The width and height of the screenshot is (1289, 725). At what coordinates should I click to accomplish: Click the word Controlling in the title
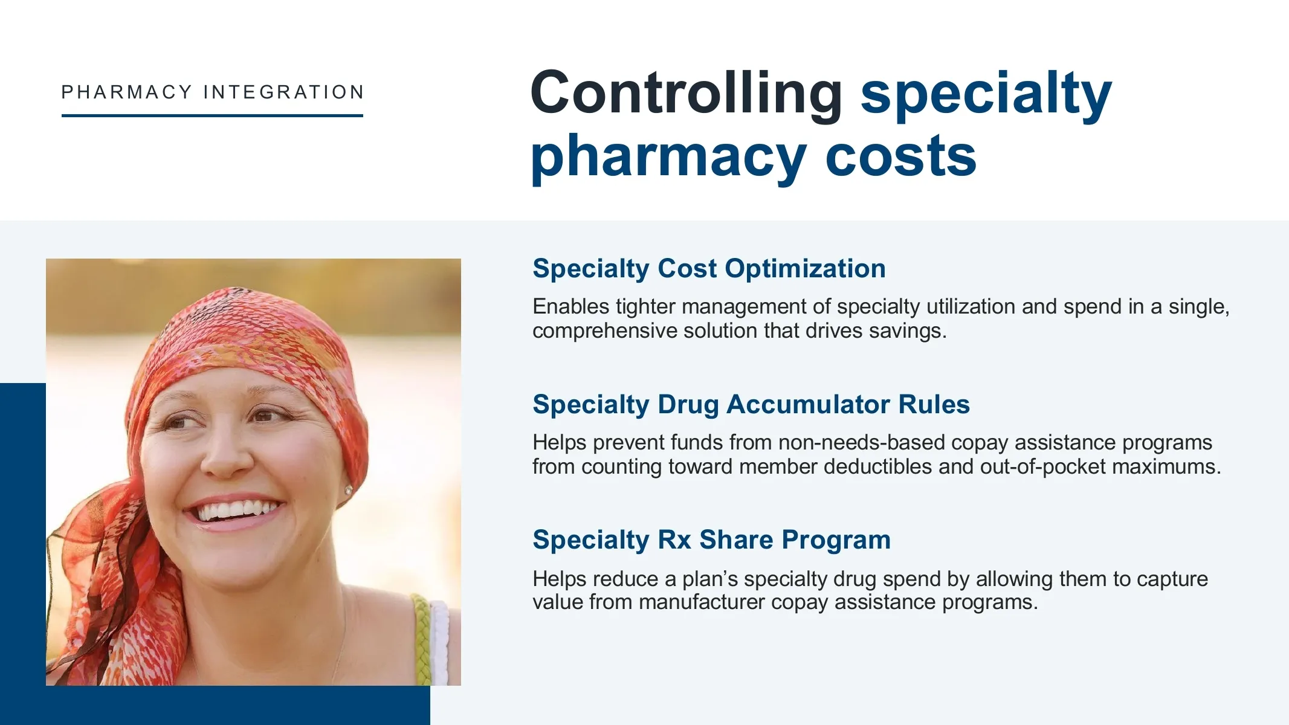tap(686, 92)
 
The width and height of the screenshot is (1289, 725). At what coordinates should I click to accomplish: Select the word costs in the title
tap(900, 157)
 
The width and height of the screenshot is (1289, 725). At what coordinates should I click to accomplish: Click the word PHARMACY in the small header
tap(127, 92)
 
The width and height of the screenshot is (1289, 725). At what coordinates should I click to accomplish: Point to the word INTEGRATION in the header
tap(284, 92)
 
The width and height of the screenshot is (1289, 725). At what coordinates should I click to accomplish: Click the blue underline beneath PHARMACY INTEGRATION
tap(212, 115)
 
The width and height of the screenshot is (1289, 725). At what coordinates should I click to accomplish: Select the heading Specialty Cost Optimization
tap(709, 269)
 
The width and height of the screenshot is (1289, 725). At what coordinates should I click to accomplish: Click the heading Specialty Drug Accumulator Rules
tap(751, 404)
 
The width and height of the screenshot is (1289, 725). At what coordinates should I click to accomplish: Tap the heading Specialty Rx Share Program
tap(711, 540)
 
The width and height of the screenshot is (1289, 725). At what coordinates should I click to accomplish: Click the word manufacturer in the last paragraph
tap(702, 602)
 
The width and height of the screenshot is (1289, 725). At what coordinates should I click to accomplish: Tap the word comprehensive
tap(605, 332)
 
